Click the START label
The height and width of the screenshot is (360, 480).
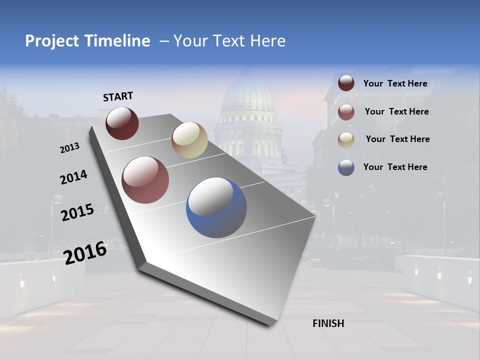pos(118,96)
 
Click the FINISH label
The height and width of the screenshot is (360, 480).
pos(328,323)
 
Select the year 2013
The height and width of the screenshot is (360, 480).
pos(70,148)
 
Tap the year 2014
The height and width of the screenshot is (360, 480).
pos(73,177)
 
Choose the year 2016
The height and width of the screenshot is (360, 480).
pos(85,253)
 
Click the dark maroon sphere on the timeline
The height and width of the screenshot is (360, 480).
pos(122,123)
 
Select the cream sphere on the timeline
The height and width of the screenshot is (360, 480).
pos(189,140)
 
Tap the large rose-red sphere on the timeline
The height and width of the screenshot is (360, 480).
pos(145,180)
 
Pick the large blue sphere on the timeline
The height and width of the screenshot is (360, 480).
pos(216,207)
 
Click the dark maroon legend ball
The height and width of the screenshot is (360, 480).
pos(346,83)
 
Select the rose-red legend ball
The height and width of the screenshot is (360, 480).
pos(346,112)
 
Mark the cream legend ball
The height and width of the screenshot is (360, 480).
pos(346,140)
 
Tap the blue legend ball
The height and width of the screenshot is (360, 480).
pos(346,167)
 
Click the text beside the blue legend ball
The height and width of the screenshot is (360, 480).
pos(395,167)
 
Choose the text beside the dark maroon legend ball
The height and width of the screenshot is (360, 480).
pos(395,83)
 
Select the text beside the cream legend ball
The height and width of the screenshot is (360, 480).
pos(397,139)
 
